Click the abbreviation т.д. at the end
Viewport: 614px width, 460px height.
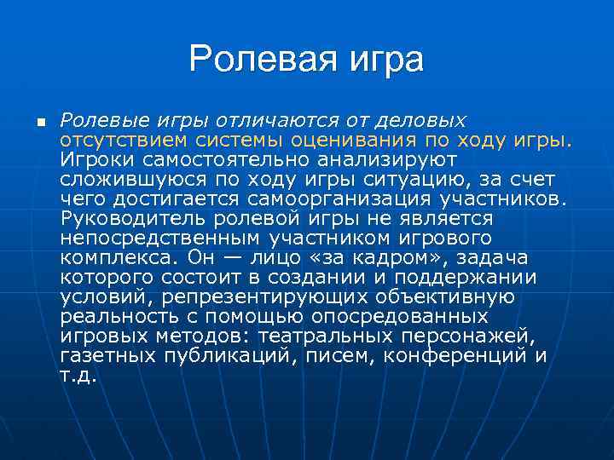pos(78,375)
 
